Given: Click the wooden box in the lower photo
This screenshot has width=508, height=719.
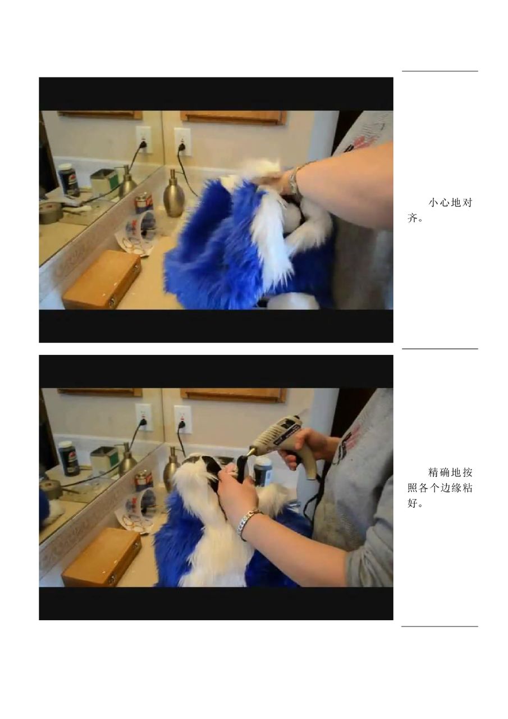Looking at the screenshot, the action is pyautogui.click(x=102, y=558).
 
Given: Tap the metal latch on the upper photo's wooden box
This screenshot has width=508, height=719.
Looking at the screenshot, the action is pyautogui.click(x=112, y=302).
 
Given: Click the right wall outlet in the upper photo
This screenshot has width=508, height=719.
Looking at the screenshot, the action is pyautogui.click(x=182, y=142).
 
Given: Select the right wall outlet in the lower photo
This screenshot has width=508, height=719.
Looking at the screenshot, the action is pyautogui.click(x=182, y=419).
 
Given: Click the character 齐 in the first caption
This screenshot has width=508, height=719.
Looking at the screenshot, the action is pyautogui.click(x=412, y=219).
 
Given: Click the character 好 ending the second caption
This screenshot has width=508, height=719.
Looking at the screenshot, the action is pyautogui.click(x=412, y=503).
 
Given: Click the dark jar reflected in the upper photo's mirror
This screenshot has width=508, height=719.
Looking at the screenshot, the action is pyautogui.click(x=68, y=180).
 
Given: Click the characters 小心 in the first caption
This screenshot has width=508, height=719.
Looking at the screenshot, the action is pyautogui.click(x=440, y=203).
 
